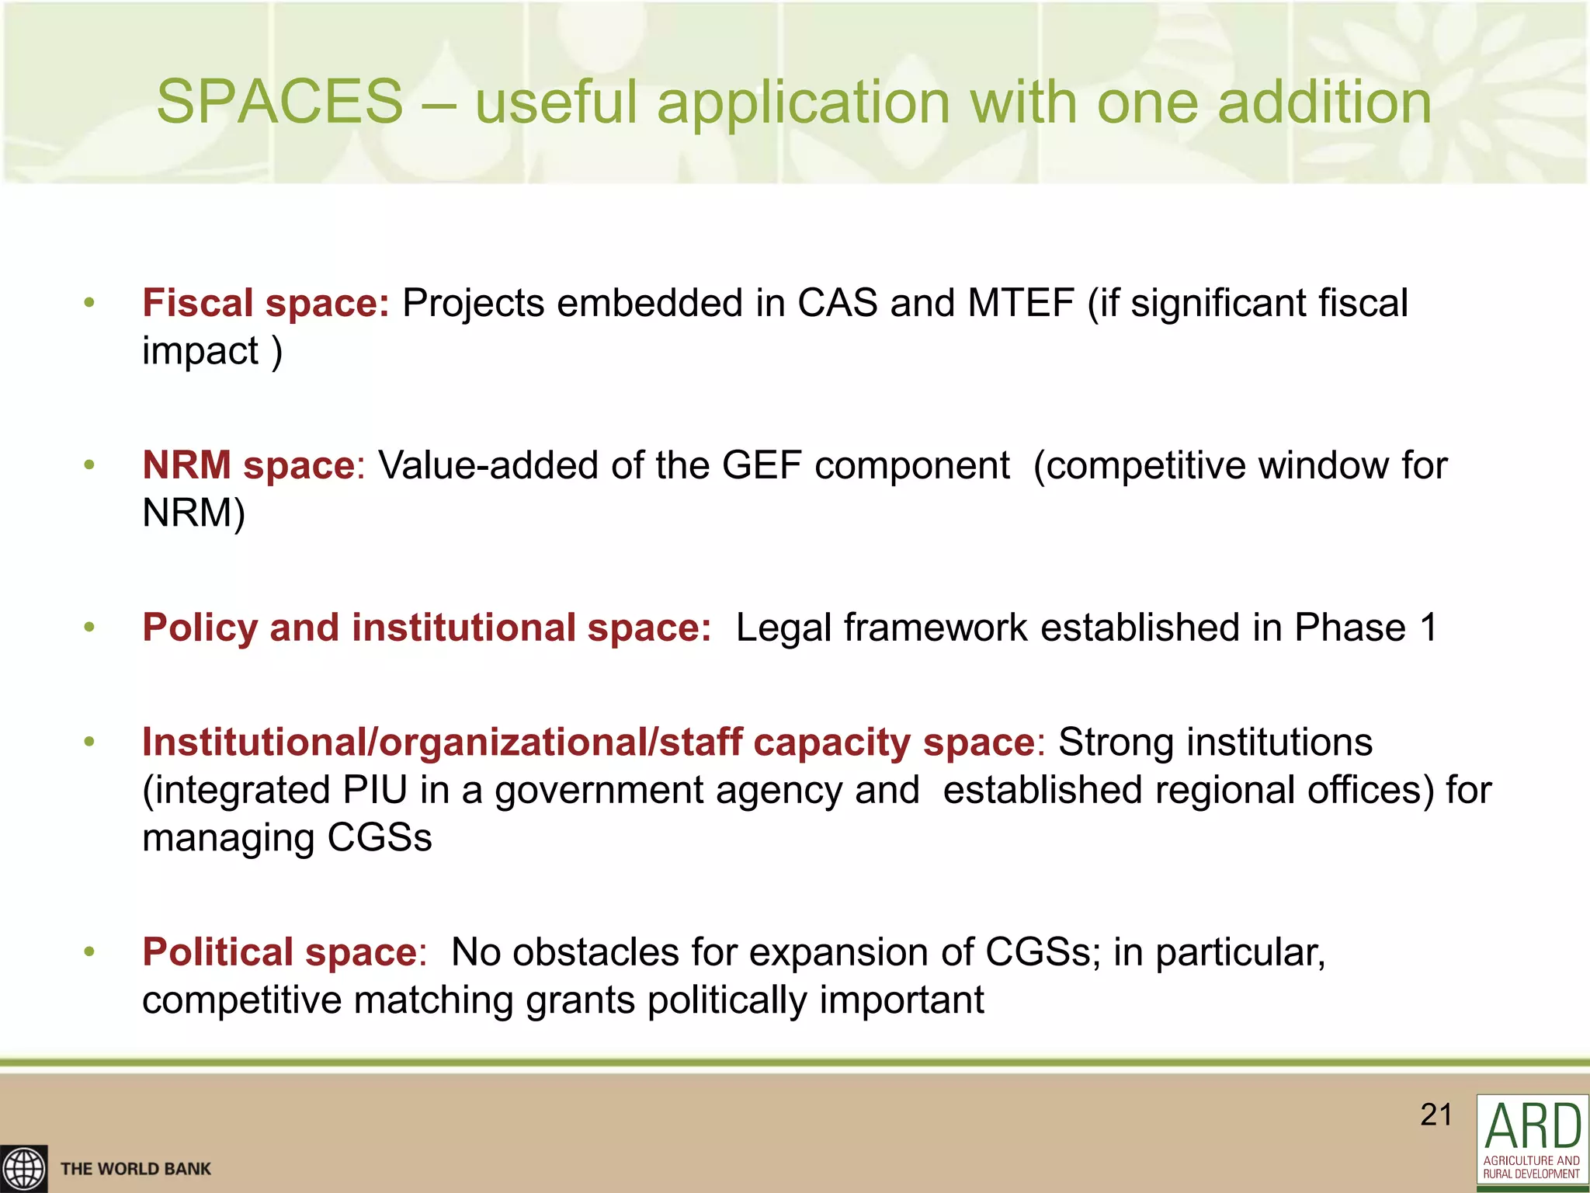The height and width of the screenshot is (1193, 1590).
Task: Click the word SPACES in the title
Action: pyautogui.click(x=279, y=102)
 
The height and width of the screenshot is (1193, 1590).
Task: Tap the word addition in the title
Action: pyautogui.click(x=1324, y=102)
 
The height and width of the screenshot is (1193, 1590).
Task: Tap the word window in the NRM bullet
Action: pyautogui.click(x=1324, y=465)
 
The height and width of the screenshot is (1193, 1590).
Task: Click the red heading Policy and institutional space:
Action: pyautogui.click(x=426, y=628)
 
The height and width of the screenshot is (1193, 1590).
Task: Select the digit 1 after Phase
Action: pyautogui.click(x=1428, y=628)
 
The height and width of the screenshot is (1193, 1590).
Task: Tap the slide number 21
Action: pyautogui.click(x=1436, y=1115)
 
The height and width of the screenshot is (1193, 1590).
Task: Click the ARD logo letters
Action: pyautogui.click(x=1533, y=1126)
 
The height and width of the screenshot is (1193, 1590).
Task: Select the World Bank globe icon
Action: pyautogui.click(x=23, y=1169)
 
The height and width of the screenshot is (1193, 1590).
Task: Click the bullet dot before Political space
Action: pyautogui.click(x=89, y=951)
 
